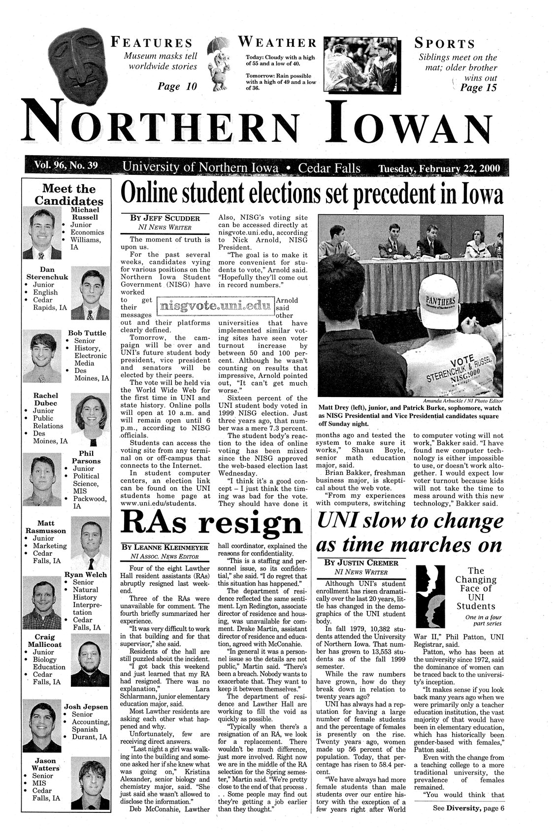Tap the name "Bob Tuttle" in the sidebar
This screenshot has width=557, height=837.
pos(87,333)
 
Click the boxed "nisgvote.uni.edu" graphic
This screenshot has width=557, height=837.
pos(214,306)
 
